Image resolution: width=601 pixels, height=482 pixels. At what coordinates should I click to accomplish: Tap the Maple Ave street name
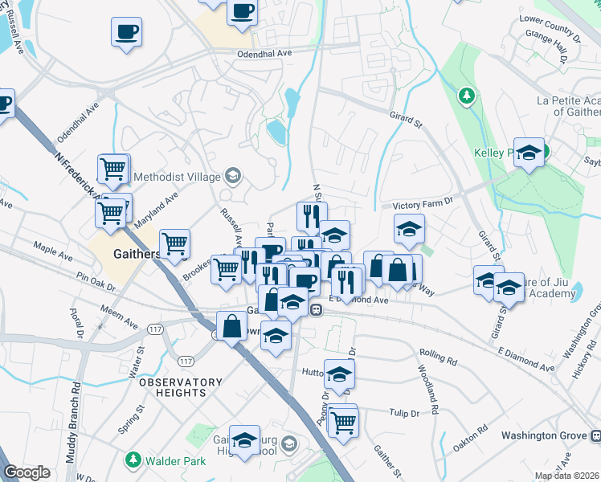tap(52, 251)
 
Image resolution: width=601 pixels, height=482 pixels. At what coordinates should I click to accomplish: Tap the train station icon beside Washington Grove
tap(595, 435)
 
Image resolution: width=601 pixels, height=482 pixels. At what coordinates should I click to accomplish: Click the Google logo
tap(27, 472)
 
